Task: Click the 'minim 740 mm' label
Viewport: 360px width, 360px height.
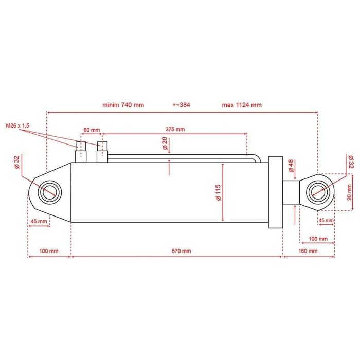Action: click(123, 105)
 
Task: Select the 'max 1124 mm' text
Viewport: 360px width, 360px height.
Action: click(242, 105)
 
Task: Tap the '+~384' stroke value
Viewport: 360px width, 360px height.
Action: click(181, 105)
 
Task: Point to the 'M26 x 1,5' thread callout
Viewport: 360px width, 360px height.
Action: click(17, 125)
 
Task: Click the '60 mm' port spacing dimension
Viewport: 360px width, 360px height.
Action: click(92, 130)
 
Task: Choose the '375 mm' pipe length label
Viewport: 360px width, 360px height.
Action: click(175, 129)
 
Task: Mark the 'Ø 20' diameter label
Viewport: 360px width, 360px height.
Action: click(165, 143)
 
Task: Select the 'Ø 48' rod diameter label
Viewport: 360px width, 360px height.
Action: click(291, 166)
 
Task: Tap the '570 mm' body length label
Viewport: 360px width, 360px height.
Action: click(182, 251)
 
